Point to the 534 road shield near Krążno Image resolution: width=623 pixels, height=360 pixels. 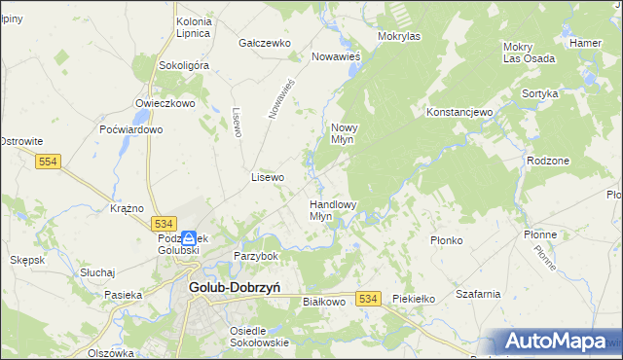[164, 223]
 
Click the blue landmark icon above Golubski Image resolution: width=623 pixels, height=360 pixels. [188, 237]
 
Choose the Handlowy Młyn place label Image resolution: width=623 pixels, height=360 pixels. [333, 210]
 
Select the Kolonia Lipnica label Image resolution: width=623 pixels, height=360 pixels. [194, 26]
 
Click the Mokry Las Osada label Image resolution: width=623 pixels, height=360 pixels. [529, 53]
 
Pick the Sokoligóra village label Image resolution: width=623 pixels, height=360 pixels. [184, 65]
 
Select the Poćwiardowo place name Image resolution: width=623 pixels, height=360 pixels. [130, 129]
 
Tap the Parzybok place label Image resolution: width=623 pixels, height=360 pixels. [256, 256]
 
